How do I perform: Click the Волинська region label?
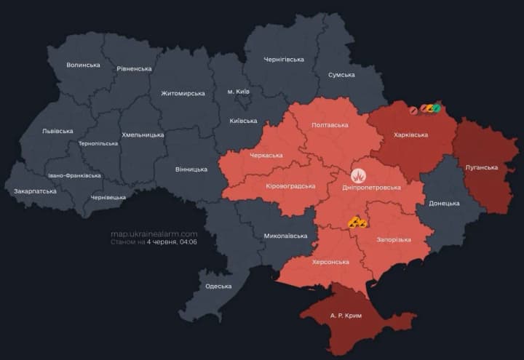click(83, 65)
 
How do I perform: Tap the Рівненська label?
click(134, 68)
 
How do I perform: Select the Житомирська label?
click(183, 93)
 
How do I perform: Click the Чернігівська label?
click(284, 59)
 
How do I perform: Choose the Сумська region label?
click(341, 75)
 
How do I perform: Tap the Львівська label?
click(57, 131)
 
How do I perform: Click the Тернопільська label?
click(98, 143)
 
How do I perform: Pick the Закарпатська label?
click(35, 191)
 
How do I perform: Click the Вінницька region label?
click(191, 169)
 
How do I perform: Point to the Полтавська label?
click(330, 125)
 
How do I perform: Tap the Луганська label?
click(481, 167)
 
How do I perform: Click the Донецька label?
click(444, 203)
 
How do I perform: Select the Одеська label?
click(219, 286)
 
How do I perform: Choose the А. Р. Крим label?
click(345, 317)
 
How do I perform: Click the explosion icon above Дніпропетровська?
click(358, 175)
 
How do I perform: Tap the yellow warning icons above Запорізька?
click(357, 223)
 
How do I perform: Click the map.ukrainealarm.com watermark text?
click(154, 234)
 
